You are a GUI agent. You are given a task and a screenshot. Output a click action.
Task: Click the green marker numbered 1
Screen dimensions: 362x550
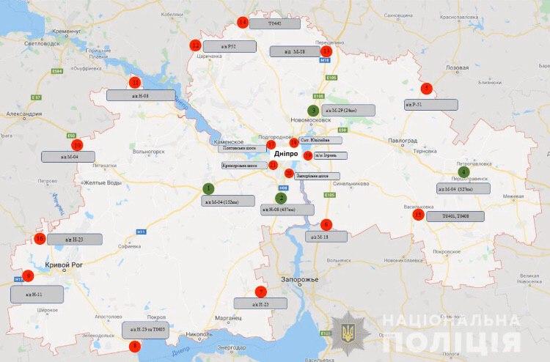pos(209,188)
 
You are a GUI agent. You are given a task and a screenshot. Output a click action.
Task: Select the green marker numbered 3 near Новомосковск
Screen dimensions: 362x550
pos(313,111)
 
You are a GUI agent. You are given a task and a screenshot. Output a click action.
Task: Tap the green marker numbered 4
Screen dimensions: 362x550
pos(463,172)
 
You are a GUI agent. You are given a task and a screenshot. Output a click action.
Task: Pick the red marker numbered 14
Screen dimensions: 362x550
pos(243,22)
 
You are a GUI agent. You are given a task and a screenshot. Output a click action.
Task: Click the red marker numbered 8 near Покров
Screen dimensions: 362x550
pos(133,344)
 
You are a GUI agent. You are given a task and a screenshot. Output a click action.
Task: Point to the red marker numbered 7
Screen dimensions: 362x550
pos(260,292)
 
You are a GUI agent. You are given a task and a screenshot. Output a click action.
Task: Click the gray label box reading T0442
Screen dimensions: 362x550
pos(274,23)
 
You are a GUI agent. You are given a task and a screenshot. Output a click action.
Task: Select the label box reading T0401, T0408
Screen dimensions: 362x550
pos(455,217)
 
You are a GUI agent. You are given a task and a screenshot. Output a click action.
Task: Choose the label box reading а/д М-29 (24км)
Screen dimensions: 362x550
pos(348,110)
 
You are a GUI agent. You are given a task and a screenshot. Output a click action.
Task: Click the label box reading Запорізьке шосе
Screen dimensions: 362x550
pos(316,176)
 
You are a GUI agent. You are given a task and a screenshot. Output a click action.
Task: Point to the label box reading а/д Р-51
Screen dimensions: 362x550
pos(431,105)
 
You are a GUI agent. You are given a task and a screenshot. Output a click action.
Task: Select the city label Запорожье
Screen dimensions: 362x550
pos(299,280)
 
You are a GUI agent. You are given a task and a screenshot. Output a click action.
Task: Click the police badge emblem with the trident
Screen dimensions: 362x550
pos(345,329)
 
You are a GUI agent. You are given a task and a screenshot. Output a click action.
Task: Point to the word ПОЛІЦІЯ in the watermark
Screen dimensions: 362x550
pos(452,342)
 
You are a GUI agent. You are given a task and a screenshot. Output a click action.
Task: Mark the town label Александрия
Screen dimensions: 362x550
pos(25,114)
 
